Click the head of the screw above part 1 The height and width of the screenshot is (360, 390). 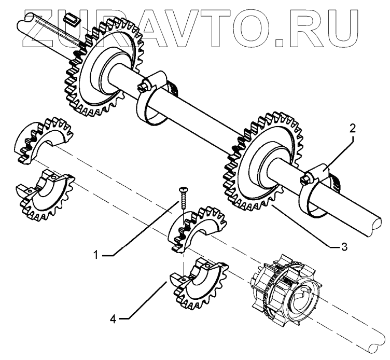[182, 190]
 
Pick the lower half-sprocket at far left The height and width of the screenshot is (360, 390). [44, 192]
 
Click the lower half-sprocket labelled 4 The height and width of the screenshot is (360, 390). [200, 280]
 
